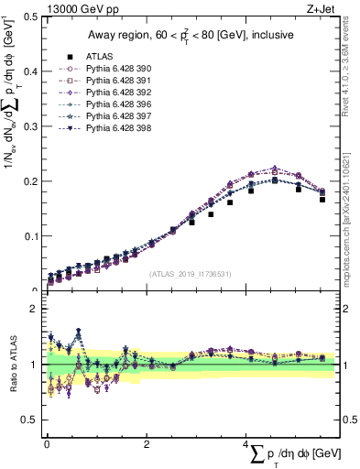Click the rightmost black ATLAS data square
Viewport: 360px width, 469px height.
click(x=322, y=199)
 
